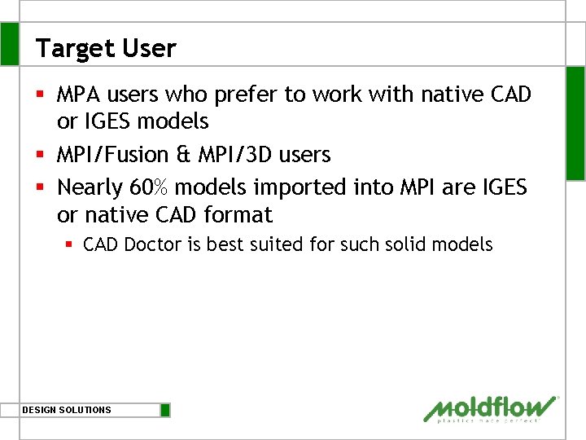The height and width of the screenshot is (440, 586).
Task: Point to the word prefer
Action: point(246,95)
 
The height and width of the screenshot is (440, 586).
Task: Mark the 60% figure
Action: point(149,187)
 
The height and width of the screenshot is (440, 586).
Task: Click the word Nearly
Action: point(90,187)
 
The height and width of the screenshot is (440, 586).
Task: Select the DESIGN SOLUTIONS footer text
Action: point(67,410)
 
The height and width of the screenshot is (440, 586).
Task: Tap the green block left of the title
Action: point(9,44)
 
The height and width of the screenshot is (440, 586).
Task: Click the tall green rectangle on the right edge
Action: point(575,122)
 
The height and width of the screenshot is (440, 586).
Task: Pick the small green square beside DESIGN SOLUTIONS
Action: point(165,410)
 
